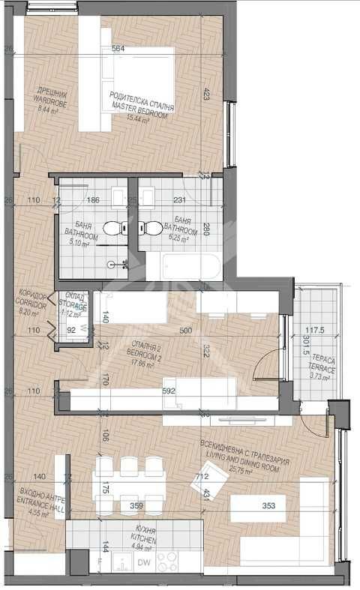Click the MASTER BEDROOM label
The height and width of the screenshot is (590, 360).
coord(142,108)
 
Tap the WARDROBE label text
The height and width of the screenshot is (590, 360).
coord(52,104)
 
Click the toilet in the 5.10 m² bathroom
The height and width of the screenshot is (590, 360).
coord(112,227)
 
